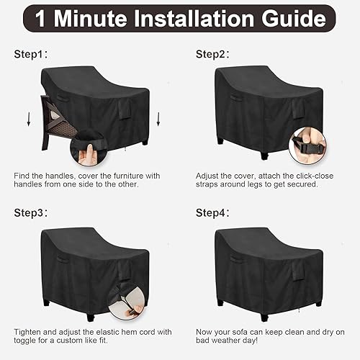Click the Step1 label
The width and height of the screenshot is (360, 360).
coord(30,54)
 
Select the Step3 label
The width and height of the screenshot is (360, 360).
coord(30,214)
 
